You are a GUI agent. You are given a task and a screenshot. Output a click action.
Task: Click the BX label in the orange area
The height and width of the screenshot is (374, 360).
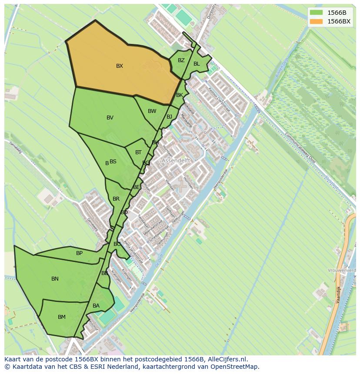click(x=120, y=66)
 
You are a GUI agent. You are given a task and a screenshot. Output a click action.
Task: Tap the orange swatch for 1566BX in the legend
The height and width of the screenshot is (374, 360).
click(x=317, y=21)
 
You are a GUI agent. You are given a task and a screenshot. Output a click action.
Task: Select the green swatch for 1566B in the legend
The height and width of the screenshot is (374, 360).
click(x=317, y=13)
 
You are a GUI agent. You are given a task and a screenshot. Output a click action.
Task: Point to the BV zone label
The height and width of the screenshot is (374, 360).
click(x=110, y=118)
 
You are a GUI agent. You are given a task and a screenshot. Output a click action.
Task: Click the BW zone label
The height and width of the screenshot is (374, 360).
click(x=152, y=111)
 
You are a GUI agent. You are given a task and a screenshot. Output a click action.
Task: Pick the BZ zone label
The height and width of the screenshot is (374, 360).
click(x=181, y=60)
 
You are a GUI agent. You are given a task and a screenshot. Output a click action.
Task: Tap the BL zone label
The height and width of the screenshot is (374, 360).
click(x=197, y=64)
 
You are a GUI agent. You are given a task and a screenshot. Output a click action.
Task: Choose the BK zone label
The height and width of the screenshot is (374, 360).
click(x=180, y=95)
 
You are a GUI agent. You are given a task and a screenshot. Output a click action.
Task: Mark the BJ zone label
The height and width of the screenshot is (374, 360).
click(x=169, y=116)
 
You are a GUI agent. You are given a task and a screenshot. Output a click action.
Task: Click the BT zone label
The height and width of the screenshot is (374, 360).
click(x=138, y=152)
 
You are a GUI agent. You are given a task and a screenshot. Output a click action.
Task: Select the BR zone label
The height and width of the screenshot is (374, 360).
click(x=116, y=199)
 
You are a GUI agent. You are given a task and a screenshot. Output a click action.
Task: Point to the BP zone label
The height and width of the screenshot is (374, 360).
click(x=79, y=253)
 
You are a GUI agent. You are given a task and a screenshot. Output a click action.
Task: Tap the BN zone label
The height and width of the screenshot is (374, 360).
click(x=55, y=279)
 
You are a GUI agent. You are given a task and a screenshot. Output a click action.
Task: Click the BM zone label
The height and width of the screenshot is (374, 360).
click(x=62, y=317)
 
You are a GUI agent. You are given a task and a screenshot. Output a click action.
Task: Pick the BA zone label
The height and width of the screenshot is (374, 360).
click(x=96, y=306)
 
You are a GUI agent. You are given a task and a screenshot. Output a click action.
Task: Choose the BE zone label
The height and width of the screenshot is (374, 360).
click(x=137, y=187)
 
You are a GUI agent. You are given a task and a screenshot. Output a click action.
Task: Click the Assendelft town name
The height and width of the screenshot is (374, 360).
click(x=176, y=160)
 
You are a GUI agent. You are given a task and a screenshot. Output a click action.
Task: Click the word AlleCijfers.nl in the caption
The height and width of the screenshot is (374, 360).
click(x=226, y=359)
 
